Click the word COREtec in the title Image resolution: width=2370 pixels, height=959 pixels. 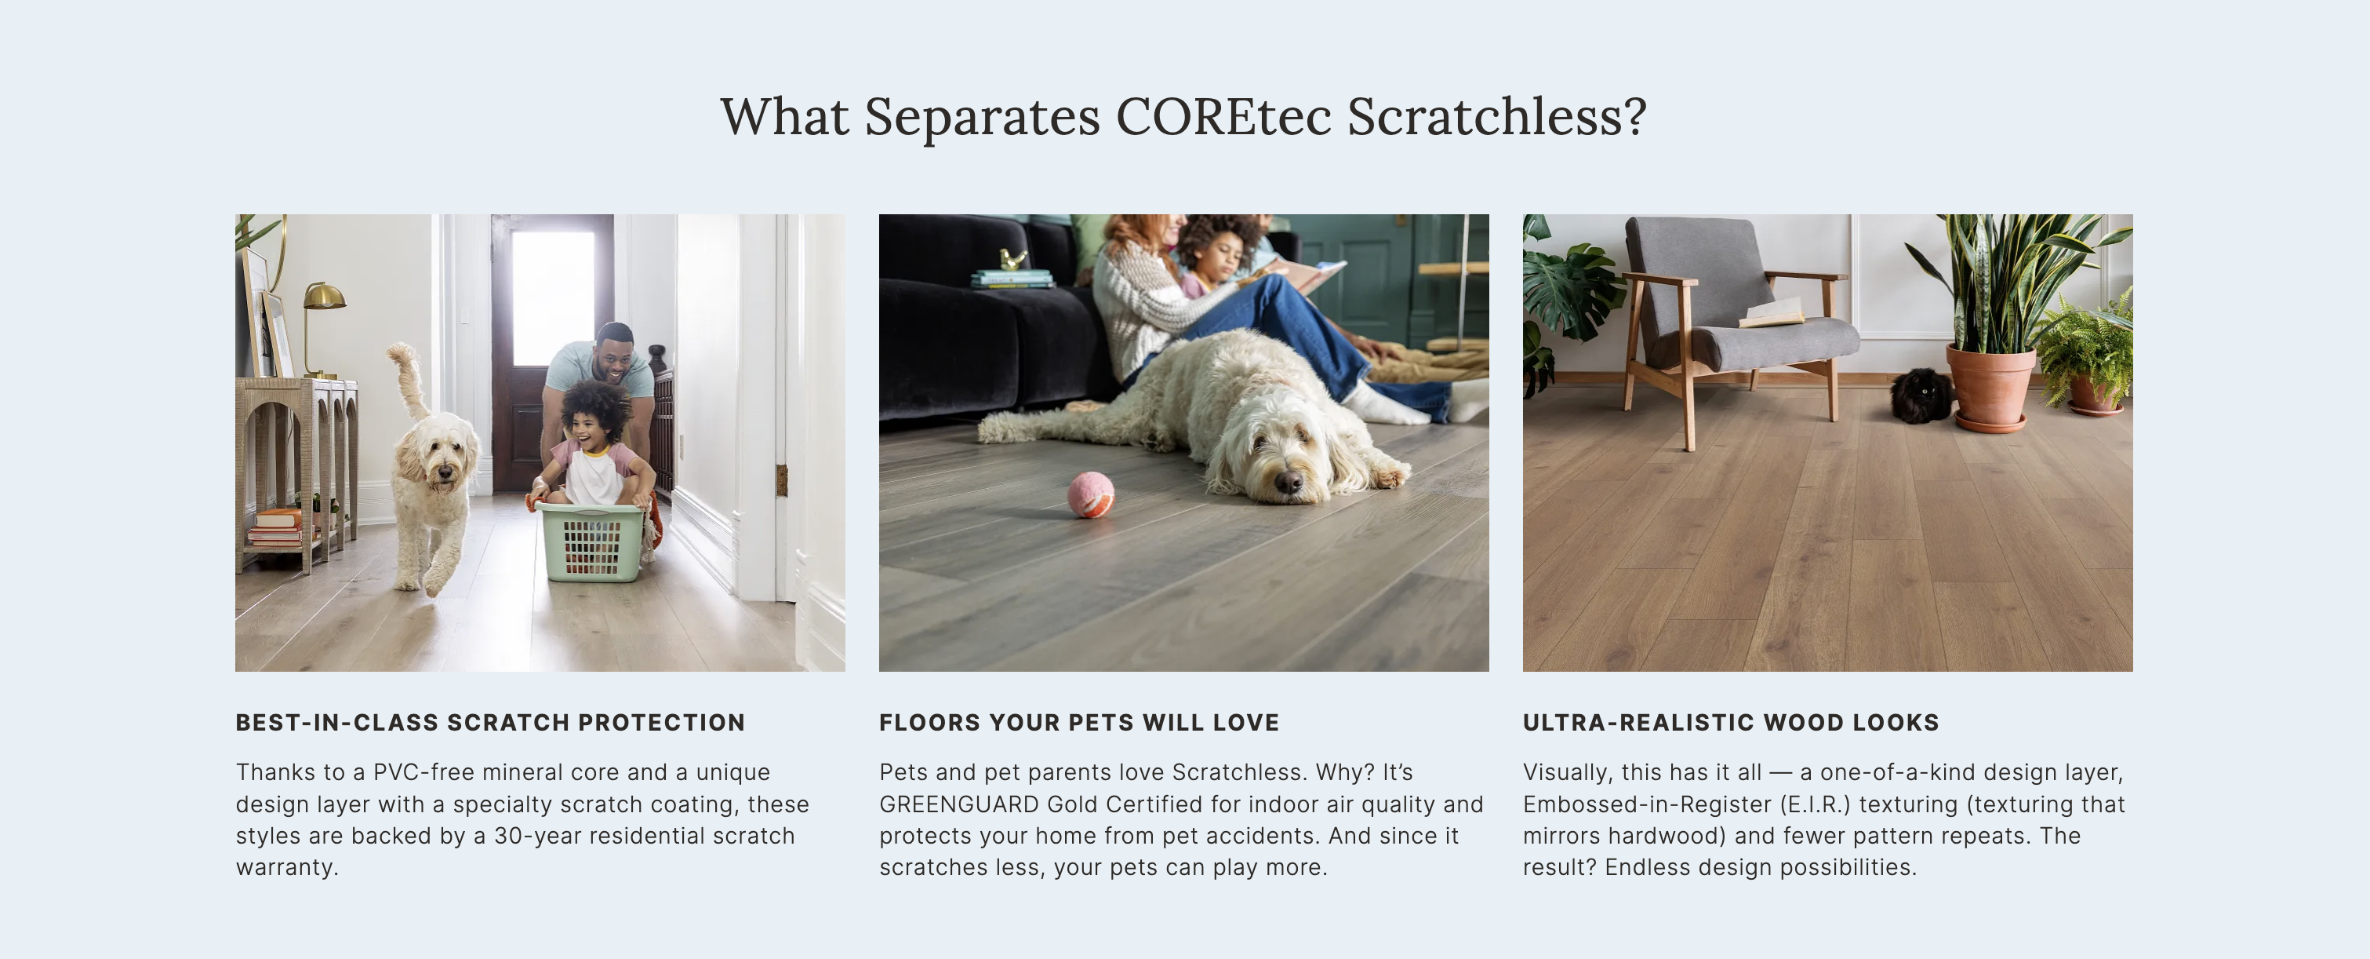1223,117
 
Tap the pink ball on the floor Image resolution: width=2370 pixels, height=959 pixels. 1090,494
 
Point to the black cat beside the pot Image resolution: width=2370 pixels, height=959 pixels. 1921,396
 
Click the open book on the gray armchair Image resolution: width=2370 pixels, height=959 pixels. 1772,313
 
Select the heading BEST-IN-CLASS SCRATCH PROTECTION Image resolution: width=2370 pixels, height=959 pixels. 490,723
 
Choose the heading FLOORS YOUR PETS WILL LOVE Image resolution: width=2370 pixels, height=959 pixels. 1079,723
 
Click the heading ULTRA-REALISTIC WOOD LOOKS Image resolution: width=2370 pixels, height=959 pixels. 1731,723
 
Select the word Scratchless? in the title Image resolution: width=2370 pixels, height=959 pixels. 1497,117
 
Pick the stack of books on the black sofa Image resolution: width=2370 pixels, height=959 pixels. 1011,278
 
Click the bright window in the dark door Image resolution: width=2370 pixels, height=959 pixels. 552,298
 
